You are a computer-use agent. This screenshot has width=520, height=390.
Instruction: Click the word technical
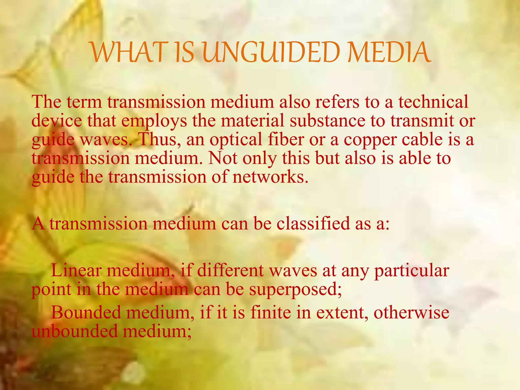[x=433, y=102]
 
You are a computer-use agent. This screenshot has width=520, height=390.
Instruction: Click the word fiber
[x=286, y=139]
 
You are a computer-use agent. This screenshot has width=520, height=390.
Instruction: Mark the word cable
[x=422, y=139]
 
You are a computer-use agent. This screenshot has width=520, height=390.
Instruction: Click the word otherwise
[x=411, y=313]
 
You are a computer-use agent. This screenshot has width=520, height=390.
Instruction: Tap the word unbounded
[x=75, y=331]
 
